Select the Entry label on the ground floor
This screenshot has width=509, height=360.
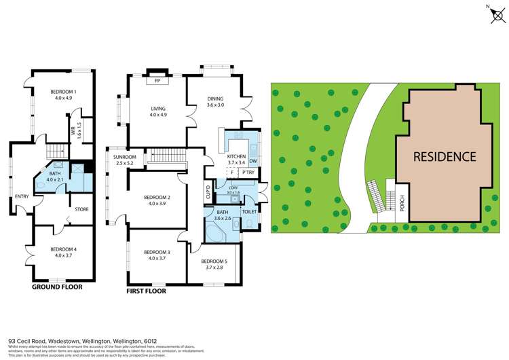pos(22,197)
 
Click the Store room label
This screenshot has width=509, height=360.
pos(81,209)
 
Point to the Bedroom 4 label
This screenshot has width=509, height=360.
pos(63,249)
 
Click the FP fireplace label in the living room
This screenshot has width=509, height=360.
pos(157,80)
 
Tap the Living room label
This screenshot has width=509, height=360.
pos(157,109)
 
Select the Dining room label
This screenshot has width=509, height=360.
pos(215,99)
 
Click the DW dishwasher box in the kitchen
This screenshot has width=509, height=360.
pos(252,161)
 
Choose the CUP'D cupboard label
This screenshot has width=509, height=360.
pos(208,192)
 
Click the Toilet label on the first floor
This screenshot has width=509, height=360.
pos(249,212)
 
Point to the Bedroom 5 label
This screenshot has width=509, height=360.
pos(214,261)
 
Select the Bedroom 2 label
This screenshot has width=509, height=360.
pos(157,198)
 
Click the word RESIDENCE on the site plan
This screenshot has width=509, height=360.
pos(445,156)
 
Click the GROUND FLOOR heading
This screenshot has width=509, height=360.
pos(58,287)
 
